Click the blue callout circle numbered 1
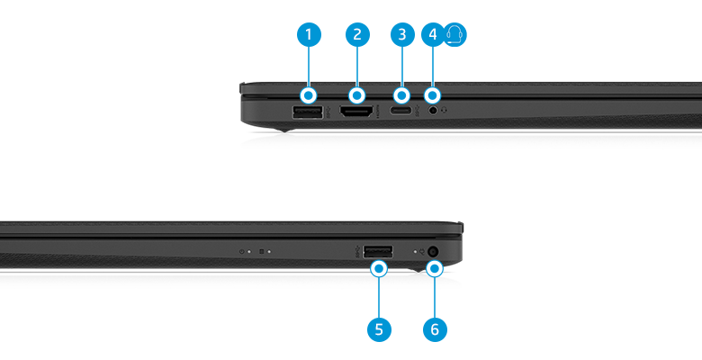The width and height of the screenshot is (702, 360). [309, 35]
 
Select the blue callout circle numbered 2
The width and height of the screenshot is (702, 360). [357, 35]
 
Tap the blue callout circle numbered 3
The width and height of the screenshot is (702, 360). [402, 35]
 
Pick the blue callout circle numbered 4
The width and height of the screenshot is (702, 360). [433, 35]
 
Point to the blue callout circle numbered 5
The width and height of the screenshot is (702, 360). [379, 329]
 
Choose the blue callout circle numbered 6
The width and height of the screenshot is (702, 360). [435, 329]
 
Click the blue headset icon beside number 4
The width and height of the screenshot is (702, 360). [456, 35]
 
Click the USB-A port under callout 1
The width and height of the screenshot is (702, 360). [309, 112]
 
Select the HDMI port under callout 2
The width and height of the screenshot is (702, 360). [357, 113]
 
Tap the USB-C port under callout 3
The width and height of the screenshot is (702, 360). [402, 112]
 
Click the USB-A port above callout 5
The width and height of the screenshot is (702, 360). [378, 251]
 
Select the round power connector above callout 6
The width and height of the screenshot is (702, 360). [435, 252]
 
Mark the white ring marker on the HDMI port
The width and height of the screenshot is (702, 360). [357, 94]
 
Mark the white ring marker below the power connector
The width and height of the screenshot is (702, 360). [435, 267]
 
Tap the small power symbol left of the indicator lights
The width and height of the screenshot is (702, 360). [242, 252]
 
